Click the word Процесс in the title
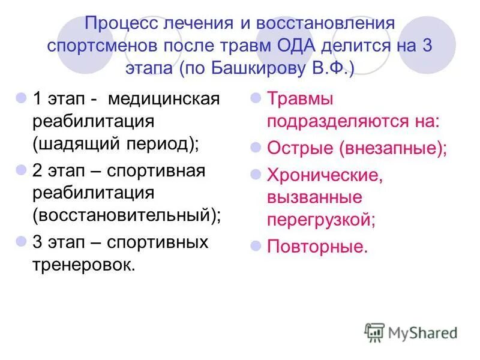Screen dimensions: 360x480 click(124, 26)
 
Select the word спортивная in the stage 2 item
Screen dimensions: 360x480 click(157, 171)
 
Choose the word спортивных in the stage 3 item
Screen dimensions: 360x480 click(158, 242)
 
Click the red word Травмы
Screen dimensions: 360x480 click(300, 98)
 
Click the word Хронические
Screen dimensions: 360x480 click(324, 175)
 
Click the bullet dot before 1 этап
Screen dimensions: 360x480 click(20, 97)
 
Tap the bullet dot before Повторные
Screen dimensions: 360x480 click(254, 245)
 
